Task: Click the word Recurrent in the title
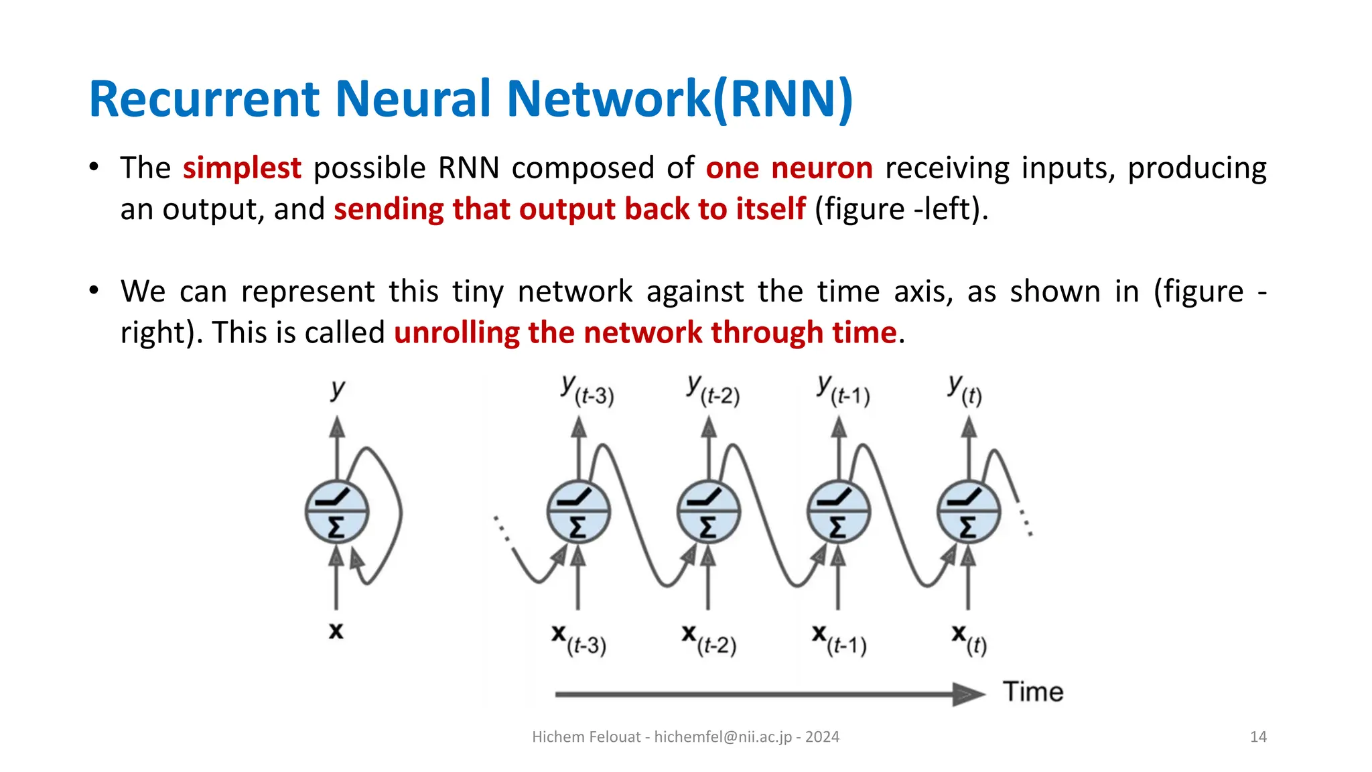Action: [x=204, y=99]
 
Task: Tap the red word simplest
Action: [x=242, y=168]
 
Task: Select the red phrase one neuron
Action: [x=788, y=168]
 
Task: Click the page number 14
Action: [x=1258, y=737]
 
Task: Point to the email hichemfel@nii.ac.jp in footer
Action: [x=723, y=737]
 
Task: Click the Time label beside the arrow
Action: [x=1032, y=692]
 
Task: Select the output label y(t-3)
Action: [x=587, y=391]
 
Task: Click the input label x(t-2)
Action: [x=709, y=640]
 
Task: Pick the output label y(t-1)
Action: [x=843, y=391]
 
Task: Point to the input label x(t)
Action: [x=969, y=640]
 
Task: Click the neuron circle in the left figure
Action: [x=336, y=511]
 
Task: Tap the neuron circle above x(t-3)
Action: [x=578, y=511]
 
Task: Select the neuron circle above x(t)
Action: [x=968, y=511]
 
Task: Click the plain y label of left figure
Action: [x=338, y=389]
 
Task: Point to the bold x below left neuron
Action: [x=336, y=631]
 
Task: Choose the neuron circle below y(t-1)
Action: [x=838, y=511]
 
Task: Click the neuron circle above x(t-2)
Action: [x=708, y=511]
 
